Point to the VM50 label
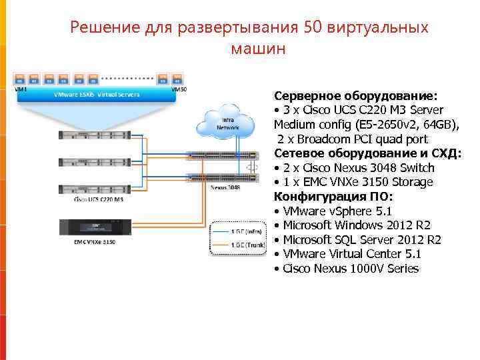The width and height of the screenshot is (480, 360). click(x=179, y=89)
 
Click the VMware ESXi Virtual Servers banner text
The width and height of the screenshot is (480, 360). click(x=96, y=95)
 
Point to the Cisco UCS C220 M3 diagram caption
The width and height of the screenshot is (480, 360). click(x=99, y=199)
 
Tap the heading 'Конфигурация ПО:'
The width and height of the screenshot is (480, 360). click(x=333, y=197)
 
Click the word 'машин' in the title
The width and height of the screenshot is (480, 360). click(x=257, y=49)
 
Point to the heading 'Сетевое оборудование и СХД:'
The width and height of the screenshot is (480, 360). click(x=367, y=153)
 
